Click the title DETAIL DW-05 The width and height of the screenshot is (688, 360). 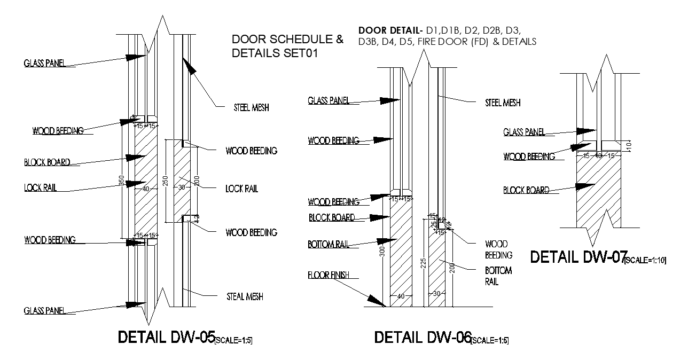tap(166, 338)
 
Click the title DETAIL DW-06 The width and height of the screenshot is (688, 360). tap(423, 338)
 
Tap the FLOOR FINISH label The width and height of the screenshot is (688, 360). tap(328, 276)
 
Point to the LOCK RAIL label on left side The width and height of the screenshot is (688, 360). tap(40, 188)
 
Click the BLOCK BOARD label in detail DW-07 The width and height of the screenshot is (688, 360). tap(526, 190)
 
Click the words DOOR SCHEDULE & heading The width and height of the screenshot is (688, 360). tap(287, 40)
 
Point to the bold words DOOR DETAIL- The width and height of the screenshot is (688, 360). tap(390, 30)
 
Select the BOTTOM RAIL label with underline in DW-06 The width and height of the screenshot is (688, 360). tap(328, 245)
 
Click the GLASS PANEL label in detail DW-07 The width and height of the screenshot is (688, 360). tap(524, 132)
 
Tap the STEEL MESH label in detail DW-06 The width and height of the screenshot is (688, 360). tap(502, 103)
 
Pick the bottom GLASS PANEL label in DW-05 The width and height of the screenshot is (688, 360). tap(44, 311)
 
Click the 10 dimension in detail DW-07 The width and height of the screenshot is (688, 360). tap(629, 145)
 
